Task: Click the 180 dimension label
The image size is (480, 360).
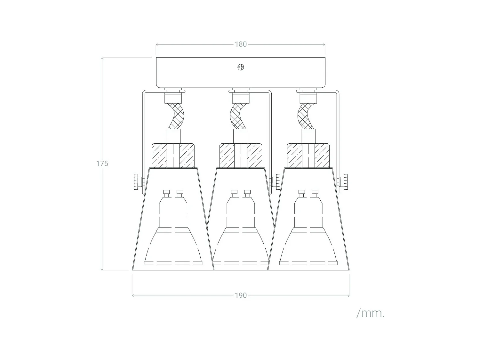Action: [241, 44]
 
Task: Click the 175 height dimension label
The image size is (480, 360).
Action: [102, 164]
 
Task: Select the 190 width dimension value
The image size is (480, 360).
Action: [241, 295]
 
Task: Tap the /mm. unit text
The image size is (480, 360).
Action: [370, 313]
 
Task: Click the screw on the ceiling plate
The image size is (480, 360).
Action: [241, 67]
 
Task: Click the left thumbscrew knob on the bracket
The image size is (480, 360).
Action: [136, 182]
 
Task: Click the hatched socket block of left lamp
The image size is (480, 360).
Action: [173, 156]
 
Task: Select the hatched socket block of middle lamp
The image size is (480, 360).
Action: [241, 156]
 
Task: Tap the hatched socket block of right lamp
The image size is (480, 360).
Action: [308, 156]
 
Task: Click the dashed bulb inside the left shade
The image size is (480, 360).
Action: [173, 234]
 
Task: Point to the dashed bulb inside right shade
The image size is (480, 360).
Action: [308, 234]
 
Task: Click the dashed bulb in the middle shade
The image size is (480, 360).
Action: [241, 234]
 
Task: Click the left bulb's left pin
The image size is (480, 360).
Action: [166, 192]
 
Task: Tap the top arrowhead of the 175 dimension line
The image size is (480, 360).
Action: [102, 59]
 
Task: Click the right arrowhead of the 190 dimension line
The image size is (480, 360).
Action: [348, 296]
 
